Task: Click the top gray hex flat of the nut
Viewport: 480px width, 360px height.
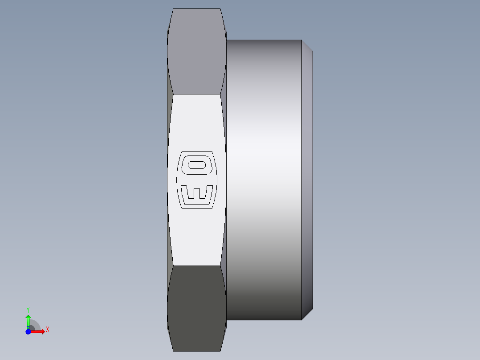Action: [196, 51]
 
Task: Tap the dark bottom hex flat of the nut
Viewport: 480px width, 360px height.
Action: [196, 307]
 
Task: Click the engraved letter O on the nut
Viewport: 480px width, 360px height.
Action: [197, 165]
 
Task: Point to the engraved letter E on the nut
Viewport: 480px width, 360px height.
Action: [197, 192]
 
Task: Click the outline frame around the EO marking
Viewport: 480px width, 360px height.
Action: [180, 180]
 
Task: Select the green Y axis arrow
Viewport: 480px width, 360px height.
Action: [28, 320]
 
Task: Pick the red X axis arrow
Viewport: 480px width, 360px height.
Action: [39, 331]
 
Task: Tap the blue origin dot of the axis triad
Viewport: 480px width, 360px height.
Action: [28, 331]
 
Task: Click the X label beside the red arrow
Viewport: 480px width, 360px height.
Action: [48, 330]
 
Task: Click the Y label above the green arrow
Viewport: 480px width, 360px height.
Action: [28, 309]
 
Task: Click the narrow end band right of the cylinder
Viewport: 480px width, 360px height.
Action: [307, 178]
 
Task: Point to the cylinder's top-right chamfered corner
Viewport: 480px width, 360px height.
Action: [307, 45]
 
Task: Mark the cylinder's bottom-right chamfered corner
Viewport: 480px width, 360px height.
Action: [307, 314]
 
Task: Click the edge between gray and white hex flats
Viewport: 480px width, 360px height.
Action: [196, 94]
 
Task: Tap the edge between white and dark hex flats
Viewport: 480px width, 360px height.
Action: [196, 266]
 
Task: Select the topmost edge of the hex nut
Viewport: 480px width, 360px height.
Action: [196, 9]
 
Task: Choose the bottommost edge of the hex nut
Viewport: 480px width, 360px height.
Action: [196, 351]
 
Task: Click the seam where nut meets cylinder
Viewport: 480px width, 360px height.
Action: [227, 178]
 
